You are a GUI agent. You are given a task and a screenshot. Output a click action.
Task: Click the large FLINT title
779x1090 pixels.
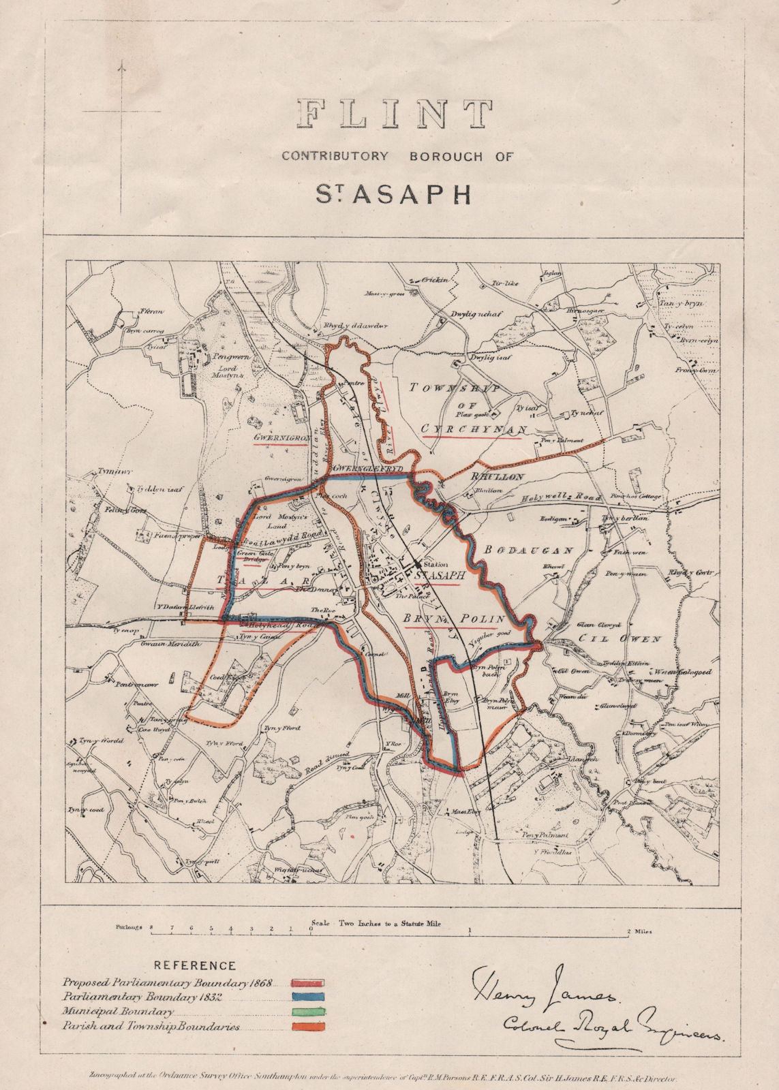[395, 114]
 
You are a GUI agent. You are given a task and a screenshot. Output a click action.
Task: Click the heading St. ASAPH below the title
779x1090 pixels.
[393, 193]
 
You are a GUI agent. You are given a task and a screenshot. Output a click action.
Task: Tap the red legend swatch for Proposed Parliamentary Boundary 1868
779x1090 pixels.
[307, 983]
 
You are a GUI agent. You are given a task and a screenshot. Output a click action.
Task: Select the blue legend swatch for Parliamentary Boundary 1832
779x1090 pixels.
[307, 997]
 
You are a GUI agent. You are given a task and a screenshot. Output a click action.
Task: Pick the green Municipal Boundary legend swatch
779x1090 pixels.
[307, 1012]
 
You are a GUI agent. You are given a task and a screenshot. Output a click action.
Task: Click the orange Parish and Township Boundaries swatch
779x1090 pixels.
[307, 1027]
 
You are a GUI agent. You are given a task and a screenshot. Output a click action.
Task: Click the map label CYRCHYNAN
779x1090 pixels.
[474, 429]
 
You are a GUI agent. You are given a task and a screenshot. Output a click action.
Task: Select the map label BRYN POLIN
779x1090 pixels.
[455, 619]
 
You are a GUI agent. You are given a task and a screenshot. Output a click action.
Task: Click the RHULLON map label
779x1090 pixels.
[496, 477]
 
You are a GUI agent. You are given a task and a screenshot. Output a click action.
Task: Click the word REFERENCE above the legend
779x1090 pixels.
[195, 966]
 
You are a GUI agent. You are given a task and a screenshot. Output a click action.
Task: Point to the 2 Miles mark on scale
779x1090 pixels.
[639, 931]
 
